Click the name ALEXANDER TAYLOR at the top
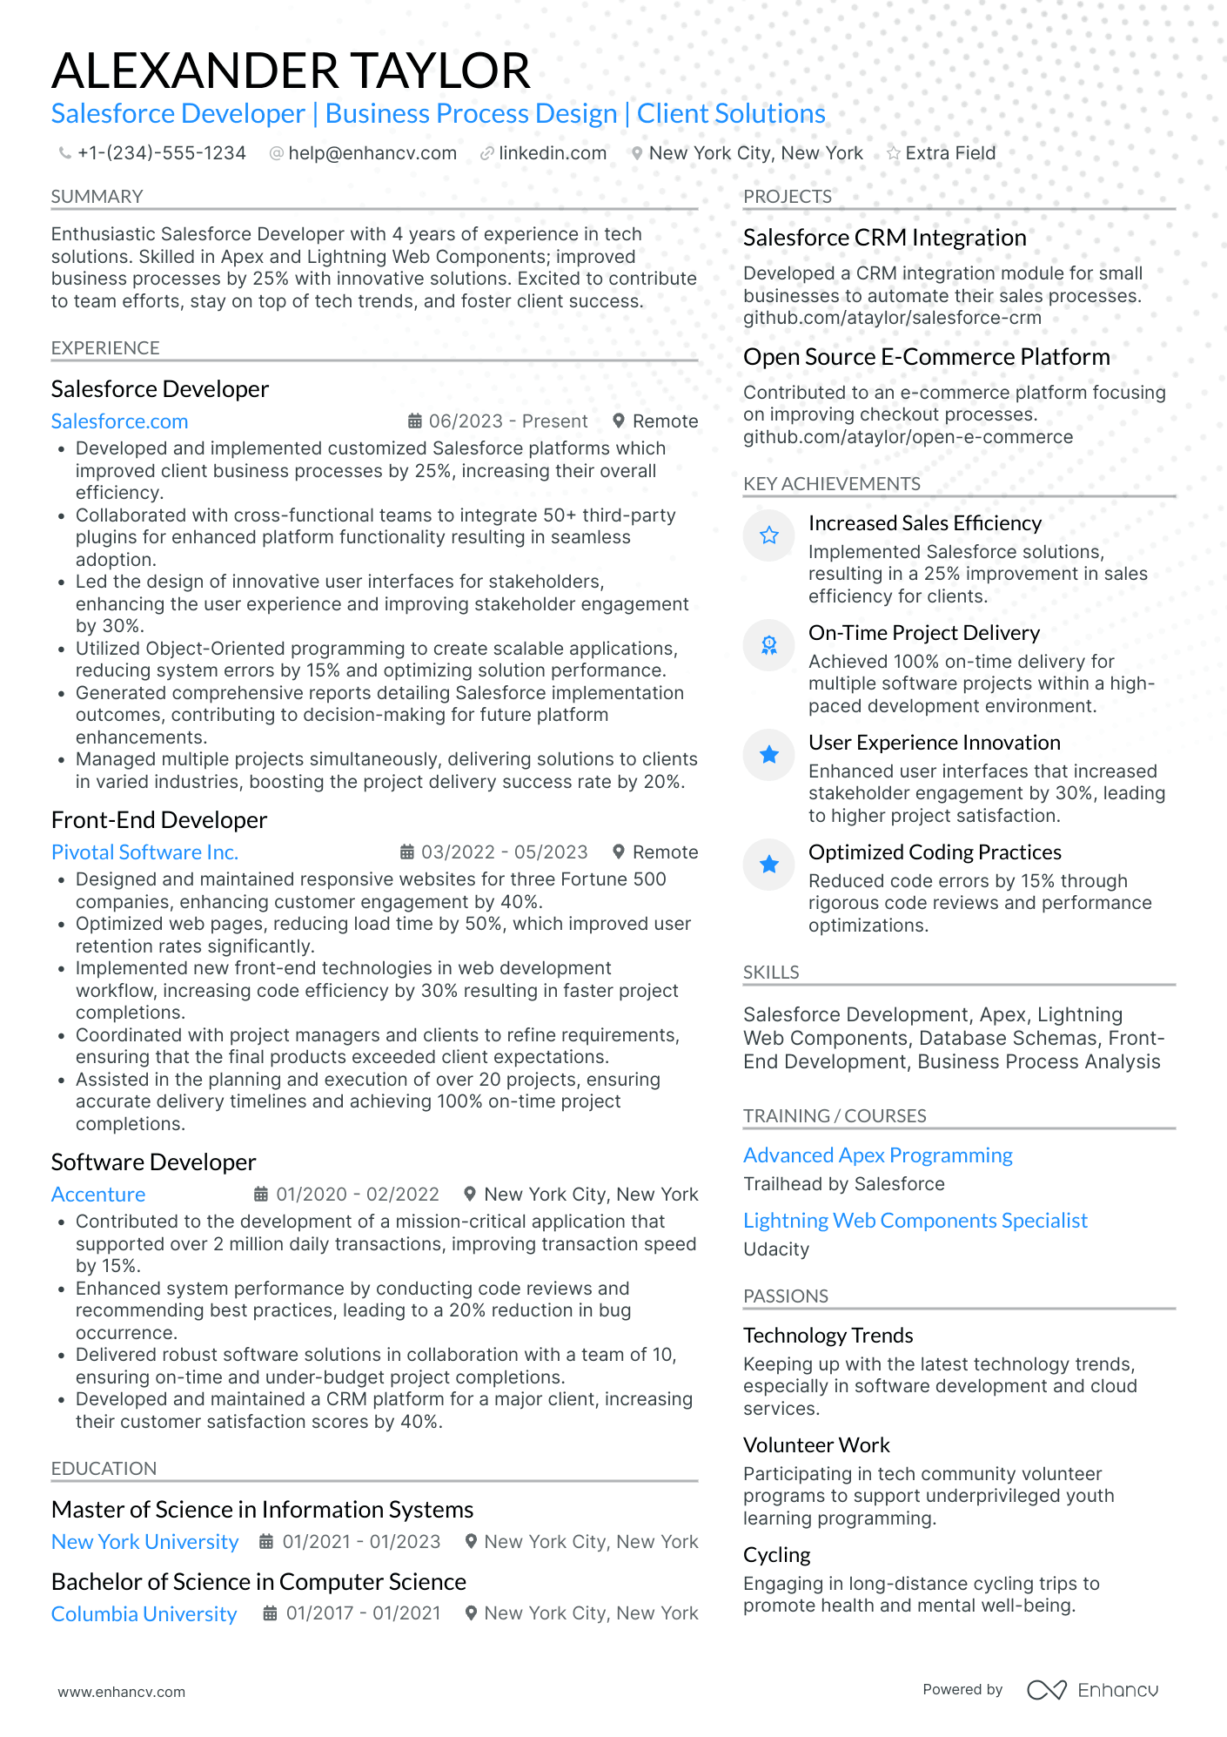click(x=291, y=71)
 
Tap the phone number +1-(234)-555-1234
click(x=161, y=153)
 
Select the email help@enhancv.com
click(x=372, y=153)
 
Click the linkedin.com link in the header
click(x=552, y=153)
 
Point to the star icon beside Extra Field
click(x=893, y=153)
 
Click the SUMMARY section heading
click(x=97, y=197)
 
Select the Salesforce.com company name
click(x=119, y=421)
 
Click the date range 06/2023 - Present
click(x=507, y=421)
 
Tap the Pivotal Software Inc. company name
click(x=144, y=852)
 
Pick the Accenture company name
click(x=98, y=1195)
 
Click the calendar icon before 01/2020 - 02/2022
click(x=260, y=1194)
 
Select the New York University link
click(x=144, y=1542)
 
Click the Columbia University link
click(x=144, y=1614)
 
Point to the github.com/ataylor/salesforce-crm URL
click(x=892, y=318)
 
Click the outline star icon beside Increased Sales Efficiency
click(x=768, y=535)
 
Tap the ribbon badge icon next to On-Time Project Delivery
click(x=768, y=645)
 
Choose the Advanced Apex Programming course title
click(x=877, y=1155)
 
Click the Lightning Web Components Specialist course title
click(x=915, y=1221)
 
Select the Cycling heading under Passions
click(x=776, y=1555)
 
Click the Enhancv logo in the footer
click(x=1092, y=1690)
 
